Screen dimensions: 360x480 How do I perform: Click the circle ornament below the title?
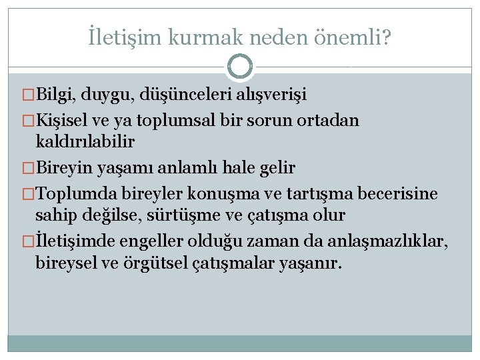coord(240,67)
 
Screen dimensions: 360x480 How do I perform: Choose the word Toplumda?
coord(72,194)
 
